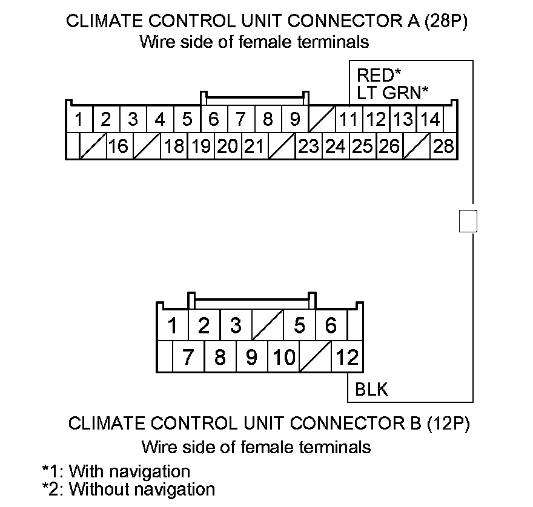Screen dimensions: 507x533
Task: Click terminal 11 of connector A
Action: click(x=348, y=120)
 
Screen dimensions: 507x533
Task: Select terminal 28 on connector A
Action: click(x=443, y=146)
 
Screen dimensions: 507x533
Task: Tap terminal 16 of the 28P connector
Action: click(x=119, y=146)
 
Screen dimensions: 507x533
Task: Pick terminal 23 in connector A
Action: click(x=308, y=146)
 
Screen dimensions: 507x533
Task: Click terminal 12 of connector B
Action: click(x=347, y=358)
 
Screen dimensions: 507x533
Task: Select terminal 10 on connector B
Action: click(x=283, y=358)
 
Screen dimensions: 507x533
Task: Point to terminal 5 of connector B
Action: click(x=299, y=326)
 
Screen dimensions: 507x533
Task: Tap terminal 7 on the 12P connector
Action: click(x=188, y=358)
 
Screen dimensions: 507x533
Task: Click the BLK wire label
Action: click(x=372, y=390)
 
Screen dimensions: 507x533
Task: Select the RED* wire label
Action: click(x=379, y=76)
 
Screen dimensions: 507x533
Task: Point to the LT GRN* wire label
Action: click(x=392, y=93)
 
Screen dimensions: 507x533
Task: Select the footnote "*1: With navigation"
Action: click(x=116, y=471)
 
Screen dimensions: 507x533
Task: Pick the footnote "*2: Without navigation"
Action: click(x=128, y=489)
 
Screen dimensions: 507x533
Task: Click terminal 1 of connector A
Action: click(x=79, y=120)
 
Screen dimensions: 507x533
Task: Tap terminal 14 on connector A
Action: click(x=429, y=120)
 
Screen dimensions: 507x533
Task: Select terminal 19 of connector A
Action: click(x=200, y=146)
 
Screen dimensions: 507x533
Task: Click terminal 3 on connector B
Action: click(x=236, y=326)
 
